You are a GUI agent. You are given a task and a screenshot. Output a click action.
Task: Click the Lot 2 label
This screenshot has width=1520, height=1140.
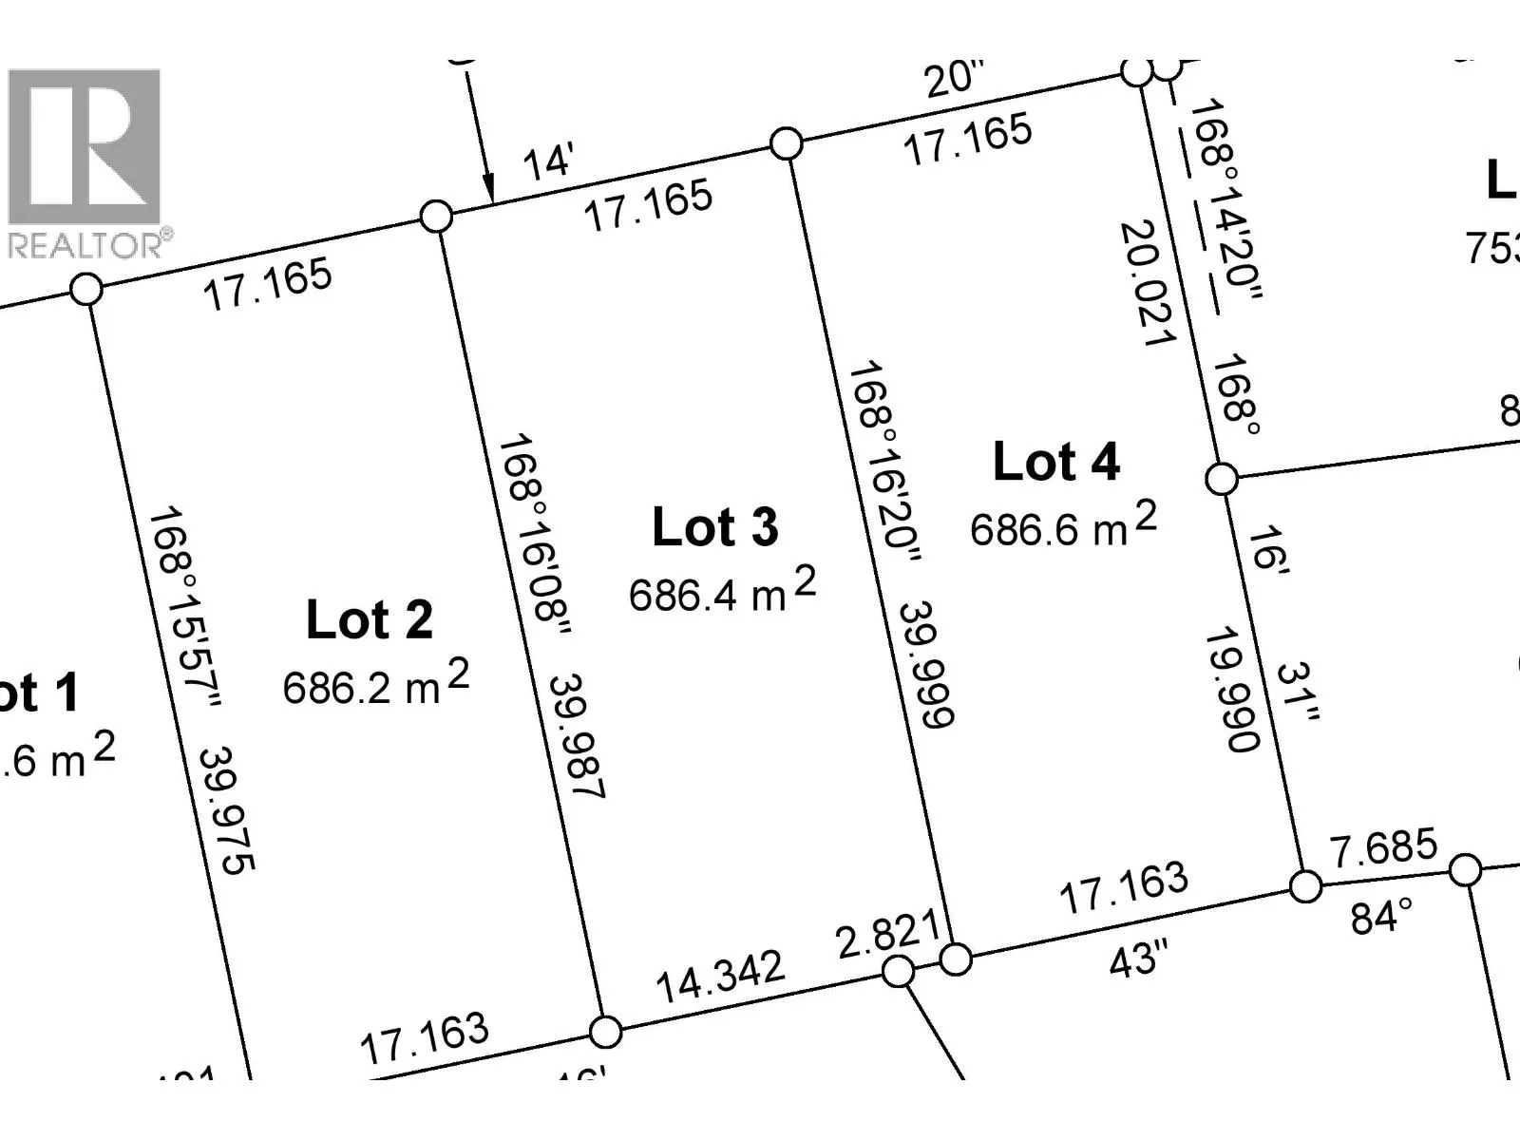(x=370, y=620)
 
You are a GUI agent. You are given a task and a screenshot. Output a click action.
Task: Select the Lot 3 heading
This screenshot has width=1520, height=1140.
(x=714, y=527)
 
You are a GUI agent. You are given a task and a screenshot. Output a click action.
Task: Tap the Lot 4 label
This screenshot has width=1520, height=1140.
(x=1055, y=463)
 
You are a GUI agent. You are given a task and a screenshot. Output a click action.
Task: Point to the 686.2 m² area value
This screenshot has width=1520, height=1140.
(x=375, y=684)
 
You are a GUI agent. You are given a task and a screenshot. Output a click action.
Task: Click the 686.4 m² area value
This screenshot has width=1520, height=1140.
(x=722, y=591)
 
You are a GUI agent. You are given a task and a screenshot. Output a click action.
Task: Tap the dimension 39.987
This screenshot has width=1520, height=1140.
(x=577, y=736)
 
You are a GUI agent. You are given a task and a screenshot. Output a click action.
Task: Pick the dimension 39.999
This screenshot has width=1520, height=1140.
(x=925, y=664)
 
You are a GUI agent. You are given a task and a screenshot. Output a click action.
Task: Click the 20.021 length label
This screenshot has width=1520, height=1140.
(x=1148, y=283)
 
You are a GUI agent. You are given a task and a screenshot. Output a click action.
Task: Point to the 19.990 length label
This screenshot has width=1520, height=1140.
(x=1231, y=691)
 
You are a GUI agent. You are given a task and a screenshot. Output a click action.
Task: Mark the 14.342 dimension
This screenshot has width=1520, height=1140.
(x=721, y=977)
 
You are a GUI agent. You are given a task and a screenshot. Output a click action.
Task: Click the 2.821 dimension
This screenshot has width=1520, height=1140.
(x=887, y=934)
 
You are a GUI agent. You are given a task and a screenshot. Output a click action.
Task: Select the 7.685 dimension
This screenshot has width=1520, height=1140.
(x=1383, y=847)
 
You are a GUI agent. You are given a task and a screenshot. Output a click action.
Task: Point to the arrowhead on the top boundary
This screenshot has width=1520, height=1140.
(x=488, y=188)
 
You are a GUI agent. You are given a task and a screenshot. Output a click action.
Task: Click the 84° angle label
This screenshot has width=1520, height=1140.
(x=1381, y=918)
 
